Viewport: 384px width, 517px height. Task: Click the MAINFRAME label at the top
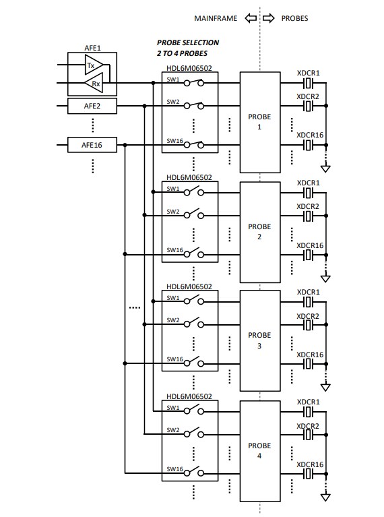click(x=215, y=18)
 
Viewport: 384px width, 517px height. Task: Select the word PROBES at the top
click(x=294, y=18)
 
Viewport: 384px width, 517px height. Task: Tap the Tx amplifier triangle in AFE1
click(x=92, y=65)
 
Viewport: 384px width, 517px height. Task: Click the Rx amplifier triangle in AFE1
click(x=92, y=84)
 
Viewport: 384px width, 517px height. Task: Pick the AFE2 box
click(x=92, y=106)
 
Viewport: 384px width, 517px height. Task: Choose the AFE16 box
click(x=92, y=145)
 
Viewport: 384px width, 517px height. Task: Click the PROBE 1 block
click(x=260, y=121)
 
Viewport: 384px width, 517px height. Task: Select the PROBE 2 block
click(x=260, y=231)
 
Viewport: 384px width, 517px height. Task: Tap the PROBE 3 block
click(x=260, y=340)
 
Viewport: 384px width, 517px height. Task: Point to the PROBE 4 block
click(x=260, y=450)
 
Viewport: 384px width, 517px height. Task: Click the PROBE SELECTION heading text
click(x=188, y=42)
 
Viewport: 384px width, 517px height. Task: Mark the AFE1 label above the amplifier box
click(x=92, y=49)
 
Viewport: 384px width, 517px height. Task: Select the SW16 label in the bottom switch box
click(x=175, y=468)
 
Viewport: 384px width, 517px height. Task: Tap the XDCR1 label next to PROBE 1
click(x=309, y=73)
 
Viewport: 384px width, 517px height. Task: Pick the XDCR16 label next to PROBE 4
click(x=310, y=464)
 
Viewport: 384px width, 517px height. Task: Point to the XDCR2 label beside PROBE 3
click(x=309, y=315)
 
